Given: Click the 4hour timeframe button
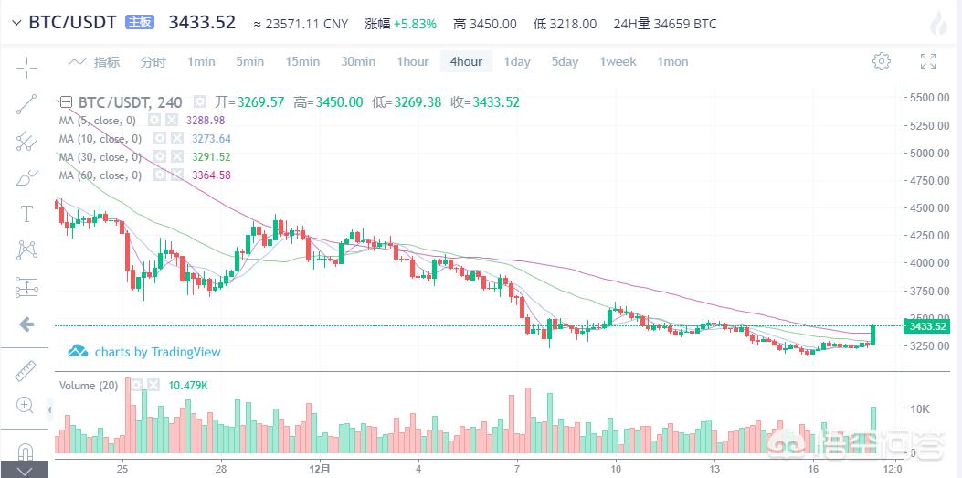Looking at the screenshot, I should pyautogui.click(x=466, y=61).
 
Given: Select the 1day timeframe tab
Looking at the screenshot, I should pyautogui.click(x=517, y=61).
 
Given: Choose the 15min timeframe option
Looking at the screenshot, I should pyautogui.click(x=302, y=61).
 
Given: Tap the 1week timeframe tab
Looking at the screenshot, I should pyautogui.click(x=618, y=61).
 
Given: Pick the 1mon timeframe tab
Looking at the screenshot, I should pyautogui.click(x=672, y=61).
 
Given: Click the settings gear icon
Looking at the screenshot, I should pyautogui.click(x=882, y=61).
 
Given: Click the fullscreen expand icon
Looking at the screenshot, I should pyautogui.click(x=928, y=61).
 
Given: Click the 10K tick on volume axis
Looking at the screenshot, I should pyautogui.click(x=919, y=409).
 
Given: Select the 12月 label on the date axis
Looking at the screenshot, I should pyautogui.click(x=319, y=467).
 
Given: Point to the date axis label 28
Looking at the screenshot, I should pyautogui.click(x=221, y=467).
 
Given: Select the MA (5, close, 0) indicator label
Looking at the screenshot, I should pyautogui.click(x=98, y=121).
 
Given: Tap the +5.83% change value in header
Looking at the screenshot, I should pyautogui.click(x=415, y=24).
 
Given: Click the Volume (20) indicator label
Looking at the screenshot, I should pyautogui.click(x=89, y=386).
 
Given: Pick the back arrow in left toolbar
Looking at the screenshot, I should pyautogui.click(x=26, y=324).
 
